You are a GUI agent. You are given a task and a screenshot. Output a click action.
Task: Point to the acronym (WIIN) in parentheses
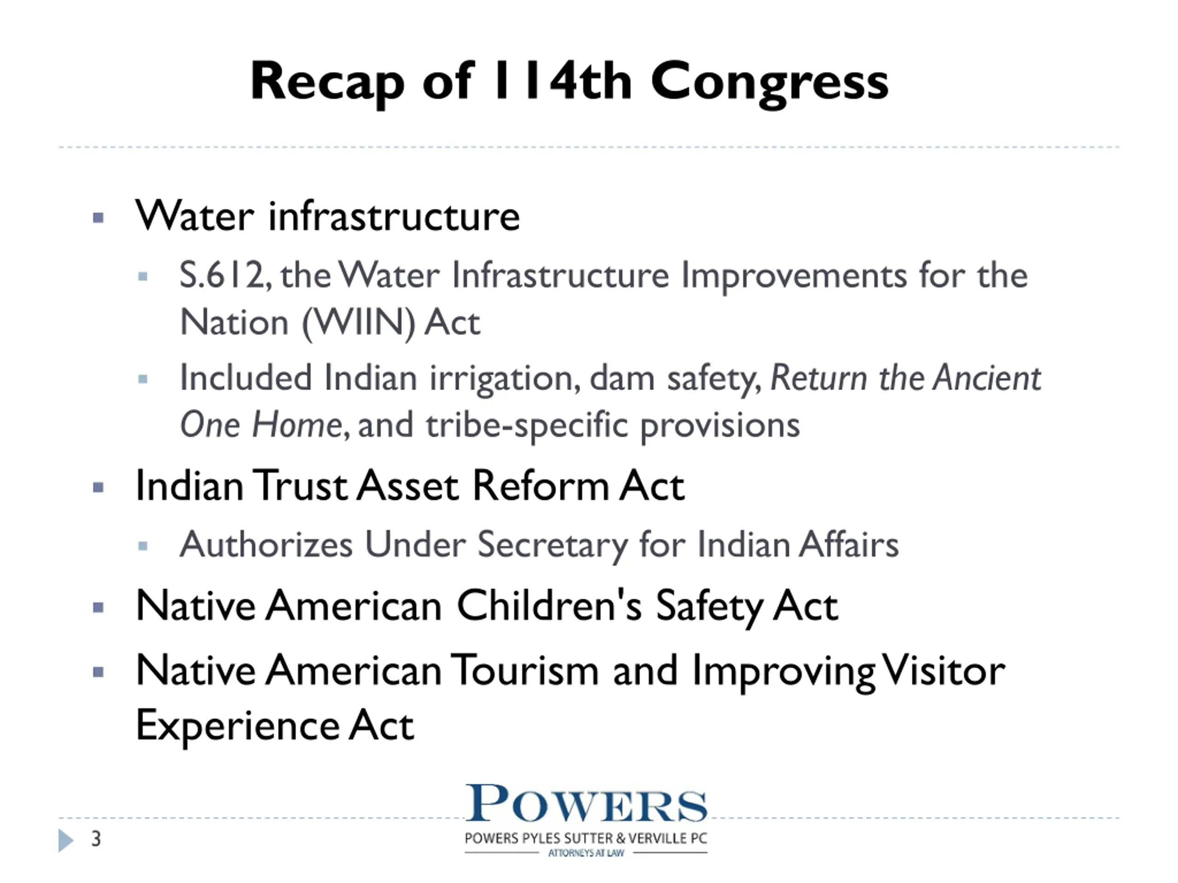358,323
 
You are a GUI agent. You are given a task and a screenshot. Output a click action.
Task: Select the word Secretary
552,545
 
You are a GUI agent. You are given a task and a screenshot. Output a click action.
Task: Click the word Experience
237,726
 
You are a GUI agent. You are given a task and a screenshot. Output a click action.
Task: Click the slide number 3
96,839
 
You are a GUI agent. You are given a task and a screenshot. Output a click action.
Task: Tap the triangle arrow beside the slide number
65,840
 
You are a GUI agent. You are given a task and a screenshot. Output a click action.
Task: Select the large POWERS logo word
586,804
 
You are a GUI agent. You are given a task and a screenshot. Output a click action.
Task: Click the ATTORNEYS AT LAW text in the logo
586,853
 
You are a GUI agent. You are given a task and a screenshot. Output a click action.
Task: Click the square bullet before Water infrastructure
98,217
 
